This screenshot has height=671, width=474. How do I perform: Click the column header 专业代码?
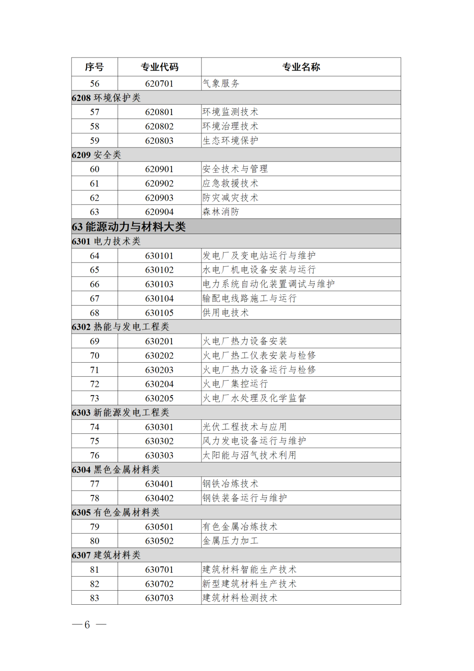[x=159, y=67]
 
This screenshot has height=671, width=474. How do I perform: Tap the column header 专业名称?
[x=301, y=67]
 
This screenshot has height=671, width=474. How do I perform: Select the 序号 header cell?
[x=94, y=67]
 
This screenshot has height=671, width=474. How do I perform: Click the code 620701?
[x=159, y=83]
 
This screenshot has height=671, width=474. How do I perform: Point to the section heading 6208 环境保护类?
[x=106, y=98]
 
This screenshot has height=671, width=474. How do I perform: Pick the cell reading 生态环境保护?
[x=230, y=141]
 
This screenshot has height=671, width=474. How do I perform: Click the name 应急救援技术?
[x=230, y=184]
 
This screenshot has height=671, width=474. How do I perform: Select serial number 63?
[x=94, y=212]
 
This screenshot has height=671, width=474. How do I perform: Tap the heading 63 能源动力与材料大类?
[x=129, y=227]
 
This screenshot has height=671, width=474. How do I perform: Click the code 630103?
[x=159, y=284]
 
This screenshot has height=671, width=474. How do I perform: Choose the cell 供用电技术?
[x=226, y=313]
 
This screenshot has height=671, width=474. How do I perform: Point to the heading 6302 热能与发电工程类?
[x=121, y=327]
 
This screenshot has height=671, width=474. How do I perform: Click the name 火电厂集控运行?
[x=235, y=384]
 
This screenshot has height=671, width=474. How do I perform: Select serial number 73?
[x=94, y=398]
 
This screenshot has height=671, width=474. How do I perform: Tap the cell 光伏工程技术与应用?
[x=244, y=427]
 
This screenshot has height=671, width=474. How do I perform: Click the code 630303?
[x=159, y=455]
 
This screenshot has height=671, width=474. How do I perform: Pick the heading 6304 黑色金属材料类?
[x=116, y=469]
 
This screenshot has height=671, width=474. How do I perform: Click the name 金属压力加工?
[x=230, y=541]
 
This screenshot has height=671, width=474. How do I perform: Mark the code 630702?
[x=159, y=584]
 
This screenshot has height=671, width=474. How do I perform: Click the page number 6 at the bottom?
[x=87, y=624]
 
